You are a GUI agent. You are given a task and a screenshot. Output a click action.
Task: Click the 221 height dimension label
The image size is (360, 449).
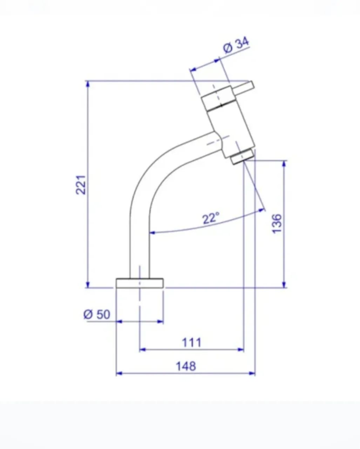[x=81, y=185]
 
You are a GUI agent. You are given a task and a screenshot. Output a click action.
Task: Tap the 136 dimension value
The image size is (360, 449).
[x=277, y=224]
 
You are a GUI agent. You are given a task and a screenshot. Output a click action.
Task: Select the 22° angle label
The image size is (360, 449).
[x=211, y=218]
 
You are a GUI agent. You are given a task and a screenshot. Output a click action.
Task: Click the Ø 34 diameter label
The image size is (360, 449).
[x=236, y=45]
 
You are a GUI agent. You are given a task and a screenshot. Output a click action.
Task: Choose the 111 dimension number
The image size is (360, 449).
[x=192, y=343]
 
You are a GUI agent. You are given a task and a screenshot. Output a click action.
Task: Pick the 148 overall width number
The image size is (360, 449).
[x=186, y=366]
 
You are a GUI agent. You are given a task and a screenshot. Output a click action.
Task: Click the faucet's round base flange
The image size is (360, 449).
[x=140, y=283]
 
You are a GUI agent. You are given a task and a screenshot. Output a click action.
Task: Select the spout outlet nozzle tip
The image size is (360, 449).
[x=242, y=157]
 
